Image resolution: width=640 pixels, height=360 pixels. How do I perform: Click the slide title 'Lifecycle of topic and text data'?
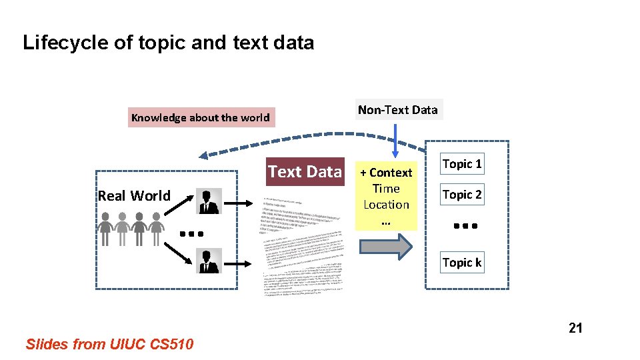click(168, 43)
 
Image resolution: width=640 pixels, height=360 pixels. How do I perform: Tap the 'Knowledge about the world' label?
click(200, 118)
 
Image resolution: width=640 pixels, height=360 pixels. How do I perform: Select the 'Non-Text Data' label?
click(397, 110)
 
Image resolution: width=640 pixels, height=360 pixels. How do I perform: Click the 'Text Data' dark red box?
click(305, 172)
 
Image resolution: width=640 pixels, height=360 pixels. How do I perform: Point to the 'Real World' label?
click(134, 195)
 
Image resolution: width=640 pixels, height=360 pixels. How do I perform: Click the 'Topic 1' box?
click(462, 164)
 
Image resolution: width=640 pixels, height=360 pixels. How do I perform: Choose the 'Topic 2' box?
click(462, 195)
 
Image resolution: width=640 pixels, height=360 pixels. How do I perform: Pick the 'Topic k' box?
click(462, 263)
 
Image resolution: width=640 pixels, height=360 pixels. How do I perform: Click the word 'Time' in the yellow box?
click(386, 189)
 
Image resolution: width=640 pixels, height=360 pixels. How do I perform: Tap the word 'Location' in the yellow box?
click(386, 205)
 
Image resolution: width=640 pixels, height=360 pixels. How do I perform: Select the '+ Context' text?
click(386, 173)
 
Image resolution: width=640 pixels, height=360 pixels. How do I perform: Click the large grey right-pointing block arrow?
click(386, 247)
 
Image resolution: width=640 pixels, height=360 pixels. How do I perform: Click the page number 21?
click(575, 327)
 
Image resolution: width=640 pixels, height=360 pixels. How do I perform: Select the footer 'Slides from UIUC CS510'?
click(109, 344)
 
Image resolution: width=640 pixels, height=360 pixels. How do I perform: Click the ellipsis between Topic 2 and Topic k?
click(462, 227)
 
